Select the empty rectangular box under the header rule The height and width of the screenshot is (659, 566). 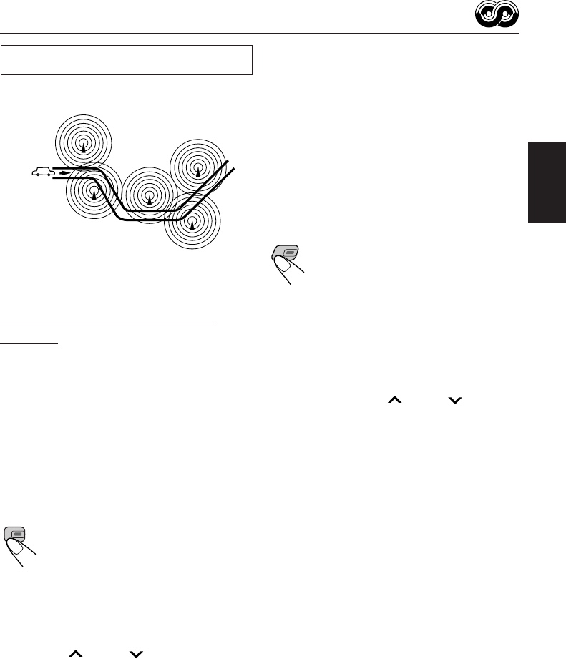click(x=127, y=60)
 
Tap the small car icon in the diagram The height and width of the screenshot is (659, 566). click(x=43, y=172)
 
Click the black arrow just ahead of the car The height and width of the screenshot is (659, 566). click(x=64, y=173)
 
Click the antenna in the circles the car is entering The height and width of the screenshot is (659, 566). click(x=93, y=194)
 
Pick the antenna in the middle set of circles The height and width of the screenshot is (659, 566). click(x=149, y=197)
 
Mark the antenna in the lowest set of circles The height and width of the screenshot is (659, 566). click(x=192, y=223)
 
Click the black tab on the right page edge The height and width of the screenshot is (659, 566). click(x=546, y=182)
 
